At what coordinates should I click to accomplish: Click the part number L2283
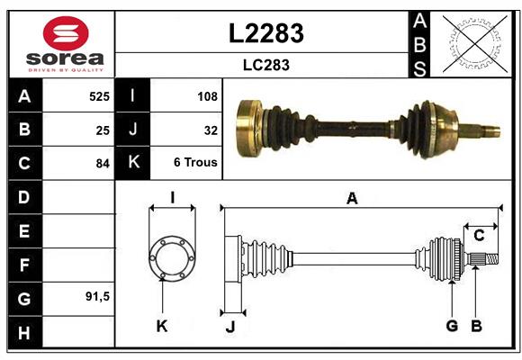[265, 33]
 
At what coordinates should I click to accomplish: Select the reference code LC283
[265, 65]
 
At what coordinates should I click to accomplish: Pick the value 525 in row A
[98, 94]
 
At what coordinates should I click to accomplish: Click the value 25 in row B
[102, 129]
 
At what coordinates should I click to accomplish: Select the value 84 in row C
[102, 164]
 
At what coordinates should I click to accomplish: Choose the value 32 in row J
[211, 129]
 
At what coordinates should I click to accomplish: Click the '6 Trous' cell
[195, 164]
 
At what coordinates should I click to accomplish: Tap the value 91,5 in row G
[96, 296]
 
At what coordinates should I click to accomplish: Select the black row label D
[23, 196]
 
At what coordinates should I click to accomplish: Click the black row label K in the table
[133, 163]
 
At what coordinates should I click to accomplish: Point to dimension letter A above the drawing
[352, 199]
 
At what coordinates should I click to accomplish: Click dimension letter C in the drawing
[479, 236]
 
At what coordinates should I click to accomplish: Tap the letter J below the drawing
[229, 327]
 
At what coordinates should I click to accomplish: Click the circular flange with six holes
[171, 258]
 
